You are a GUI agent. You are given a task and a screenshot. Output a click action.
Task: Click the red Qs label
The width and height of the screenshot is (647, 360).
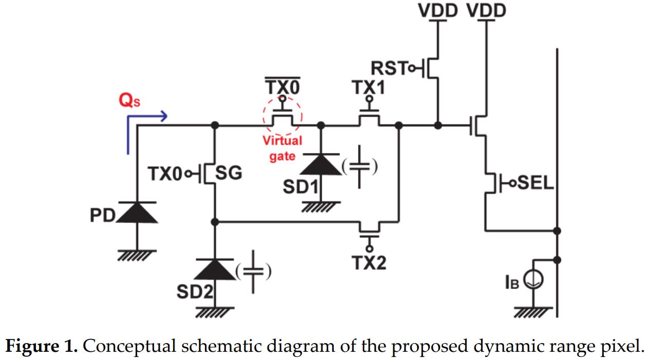coord(129,101)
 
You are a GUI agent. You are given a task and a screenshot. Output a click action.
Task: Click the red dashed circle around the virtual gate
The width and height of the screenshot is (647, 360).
coord(282,116)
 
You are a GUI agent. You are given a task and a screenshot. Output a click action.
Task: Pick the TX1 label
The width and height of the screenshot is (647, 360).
coord(368,88)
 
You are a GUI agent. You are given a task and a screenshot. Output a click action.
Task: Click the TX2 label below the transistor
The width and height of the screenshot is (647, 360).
coord(369,263)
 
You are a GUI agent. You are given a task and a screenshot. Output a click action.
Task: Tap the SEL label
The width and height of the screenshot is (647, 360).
coord(535,183)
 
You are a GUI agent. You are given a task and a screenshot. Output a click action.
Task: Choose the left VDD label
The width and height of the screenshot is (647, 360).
coord(438,10)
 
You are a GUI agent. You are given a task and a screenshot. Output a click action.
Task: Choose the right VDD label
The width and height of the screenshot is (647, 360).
coord(486,10)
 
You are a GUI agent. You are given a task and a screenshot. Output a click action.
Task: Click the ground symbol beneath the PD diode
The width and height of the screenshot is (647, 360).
coord(137,255)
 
